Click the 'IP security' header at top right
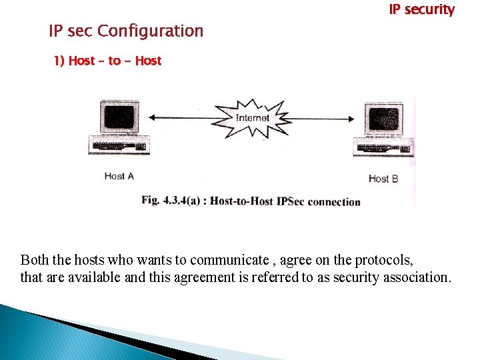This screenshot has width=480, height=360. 421,10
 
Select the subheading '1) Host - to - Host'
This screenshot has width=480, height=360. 107,61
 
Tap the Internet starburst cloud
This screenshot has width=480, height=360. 253,119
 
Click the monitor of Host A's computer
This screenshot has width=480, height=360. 119,117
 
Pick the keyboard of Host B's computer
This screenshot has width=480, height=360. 385,147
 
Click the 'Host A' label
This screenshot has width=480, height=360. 119,176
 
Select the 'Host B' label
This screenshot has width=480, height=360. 383,178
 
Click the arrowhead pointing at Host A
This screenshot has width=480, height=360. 152,118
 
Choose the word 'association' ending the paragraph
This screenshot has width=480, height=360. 417,277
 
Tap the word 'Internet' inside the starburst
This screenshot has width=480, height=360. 253,118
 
